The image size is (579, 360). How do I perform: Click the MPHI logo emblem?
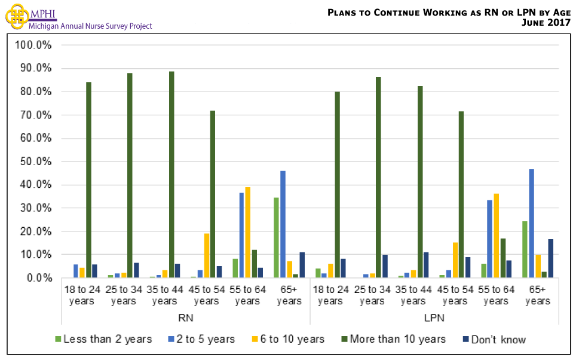[x=16, y=16]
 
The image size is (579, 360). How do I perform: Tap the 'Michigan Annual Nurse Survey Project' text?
[x=90, y=26]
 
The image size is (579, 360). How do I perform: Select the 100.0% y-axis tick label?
[x=35, y=45]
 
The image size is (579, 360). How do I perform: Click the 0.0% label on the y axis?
[x=39, y=278]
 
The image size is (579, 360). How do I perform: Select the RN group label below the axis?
[x=185, y=317]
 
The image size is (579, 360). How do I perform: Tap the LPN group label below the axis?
[x=434, y=317]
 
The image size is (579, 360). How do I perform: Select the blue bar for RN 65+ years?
[x=283, y=224]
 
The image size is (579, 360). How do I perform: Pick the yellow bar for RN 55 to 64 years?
[x=248, y=233]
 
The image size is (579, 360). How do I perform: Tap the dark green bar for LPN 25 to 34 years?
[x=379, y=178]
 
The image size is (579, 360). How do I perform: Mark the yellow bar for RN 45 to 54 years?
[x=207, y=255]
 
